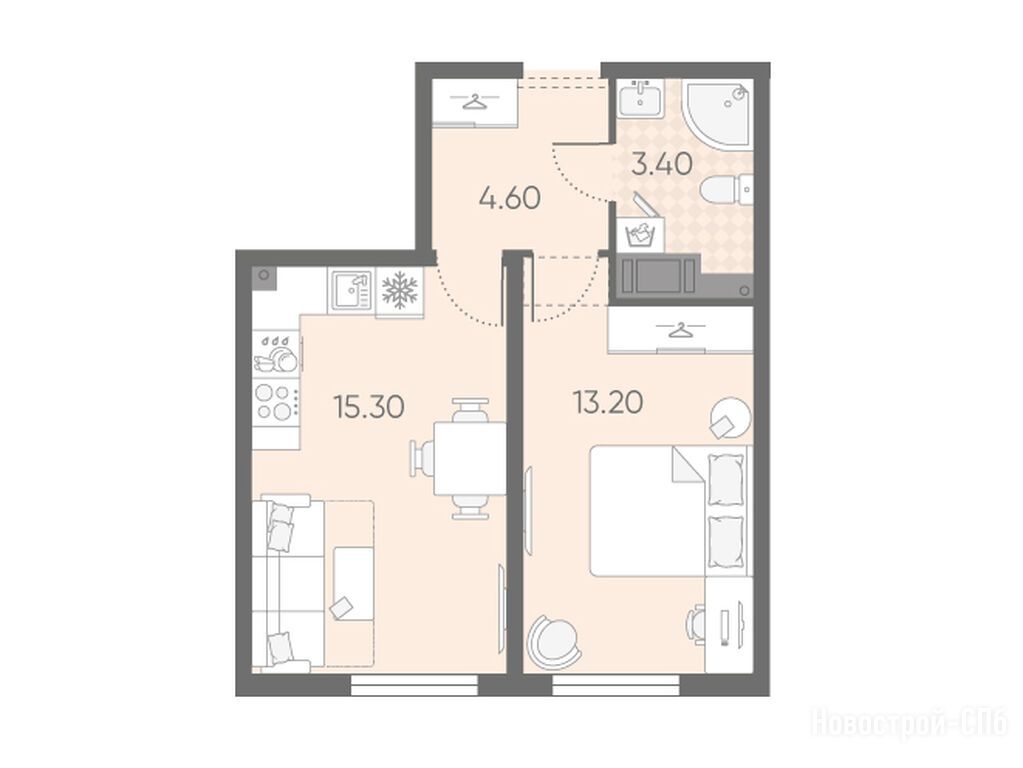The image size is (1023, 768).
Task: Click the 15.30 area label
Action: click(369, 407)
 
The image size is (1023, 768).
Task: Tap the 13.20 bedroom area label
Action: click(608, 403)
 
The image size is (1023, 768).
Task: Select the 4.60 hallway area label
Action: click(510, 198)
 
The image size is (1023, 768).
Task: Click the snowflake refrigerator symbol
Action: click(399, 289)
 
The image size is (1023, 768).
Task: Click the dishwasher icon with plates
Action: click(277, 354)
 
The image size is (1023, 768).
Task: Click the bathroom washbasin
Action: click(641, 99)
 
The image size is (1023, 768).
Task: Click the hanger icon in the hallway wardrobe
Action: click(476, 102)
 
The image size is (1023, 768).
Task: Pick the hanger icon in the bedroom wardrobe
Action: click(680, 330)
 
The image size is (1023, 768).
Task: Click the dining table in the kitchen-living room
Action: click(470, 458)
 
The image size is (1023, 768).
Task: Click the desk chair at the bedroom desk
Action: click(695, 625)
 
